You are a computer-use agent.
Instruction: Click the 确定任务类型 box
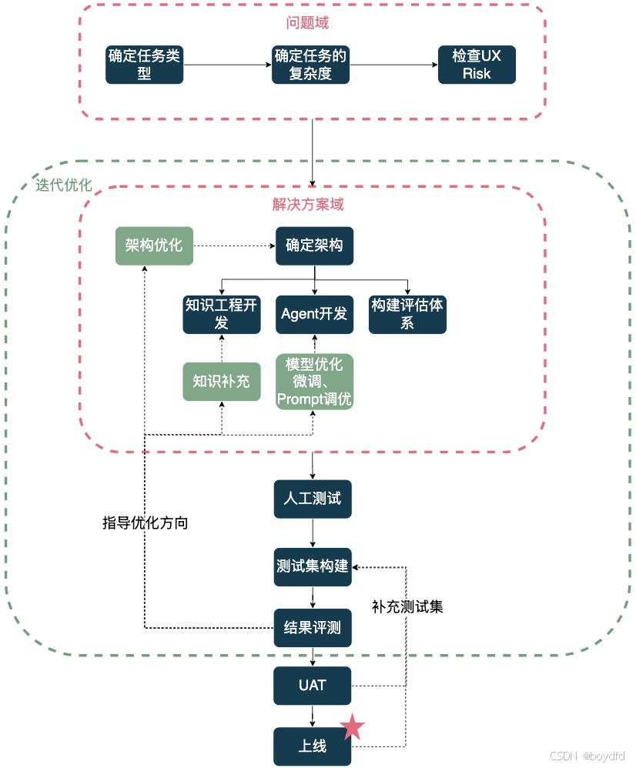[145, 65]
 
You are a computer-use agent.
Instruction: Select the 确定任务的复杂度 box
[310, 65]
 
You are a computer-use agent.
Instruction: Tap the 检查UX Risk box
[476, 65]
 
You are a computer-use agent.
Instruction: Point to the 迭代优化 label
[63, 185]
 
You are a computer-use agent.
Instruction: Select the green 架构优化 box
[154, 245]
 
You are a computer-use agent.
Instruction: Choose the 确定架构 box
[314, 245]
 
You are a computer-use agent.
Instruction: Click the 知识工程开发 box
[221, 314]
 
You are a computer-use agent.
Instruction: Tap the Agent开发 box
[314, 314]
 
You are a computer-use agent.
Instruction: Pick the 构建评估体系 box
[407, 314]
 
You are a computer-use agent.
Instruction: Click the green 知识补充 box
[221, 382]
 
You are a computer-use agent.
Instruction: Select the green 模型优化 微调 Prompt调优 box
[314, 382]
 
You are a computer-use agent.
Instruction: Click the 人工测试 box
[313, 499]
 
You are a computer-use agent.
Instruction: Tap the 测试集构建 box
[313, 567]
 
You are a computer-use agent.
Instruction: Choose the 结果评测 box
[313, 627]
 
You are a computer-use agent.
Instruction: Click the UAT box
[313, 686]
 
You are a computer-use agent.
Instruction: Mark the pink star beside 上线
[353, 726]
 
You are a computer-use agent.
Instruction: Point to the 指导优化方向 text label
[146, 523]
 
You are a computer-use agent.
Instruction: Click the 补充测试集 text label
[407, 606]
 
